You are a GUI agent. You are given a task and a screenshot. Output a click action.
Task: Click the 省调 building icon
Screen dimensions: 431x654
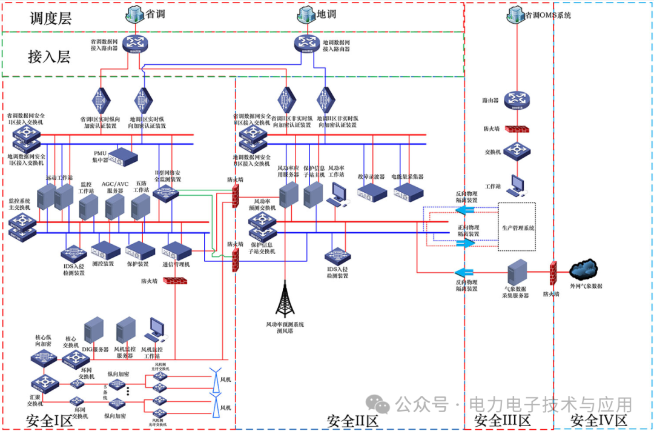click(134, 13)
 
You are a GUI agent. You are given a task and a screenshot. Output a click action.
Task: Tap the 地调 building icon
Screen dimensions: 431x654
click(306, 13)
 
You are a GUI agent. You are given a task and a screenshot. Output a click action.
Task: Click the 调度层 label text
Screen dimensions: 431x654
click(51, 18)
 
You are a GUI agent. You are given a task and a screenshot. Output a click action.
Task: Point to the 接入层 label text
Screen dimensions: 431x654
click(49, 56)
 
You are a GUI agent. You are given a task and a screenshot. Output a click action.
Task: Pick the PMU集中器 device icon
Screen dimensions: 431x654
click(124, 157)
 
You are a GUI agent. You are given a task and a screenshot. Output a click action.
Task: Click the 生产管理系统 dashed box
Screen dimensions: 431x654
click(517, 227)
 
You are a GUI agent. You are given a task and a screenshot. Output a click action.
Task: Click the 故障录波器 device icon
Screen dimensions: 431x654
click(372, 193)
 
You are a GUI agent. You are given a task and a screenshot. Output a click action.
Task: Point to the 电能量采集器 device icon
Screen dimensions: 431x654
click(408, 193)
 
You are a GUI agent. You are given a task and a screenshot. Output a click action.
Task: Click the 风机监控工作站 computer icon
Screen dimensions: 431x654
click(157, 329)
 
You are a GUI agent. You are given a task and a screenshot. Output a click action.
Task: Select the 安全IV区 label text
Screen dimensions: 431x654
click(599, 420)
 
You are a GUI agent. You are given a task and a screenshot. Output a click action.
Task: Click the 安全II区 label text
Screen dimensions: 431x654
click(352, 420)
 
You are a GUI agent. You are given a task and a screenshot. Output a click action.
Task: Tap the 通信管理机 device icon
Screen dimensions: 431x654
click(177, 250)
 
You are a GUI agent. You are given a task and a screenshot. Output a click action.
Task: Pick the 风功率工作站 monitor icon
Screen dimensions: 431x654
click(337, 193)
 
